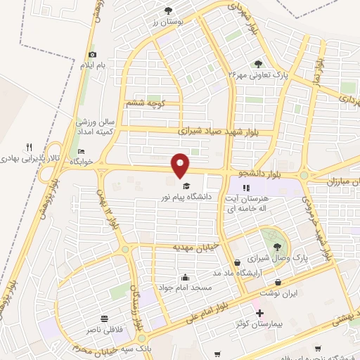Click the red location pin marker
181,165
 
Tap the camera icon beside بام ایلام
92,55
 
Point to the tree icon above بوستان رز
168,11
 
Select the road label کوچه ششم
145,103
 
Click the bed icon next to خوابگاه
81,151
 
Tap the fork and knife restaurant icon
29,147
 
